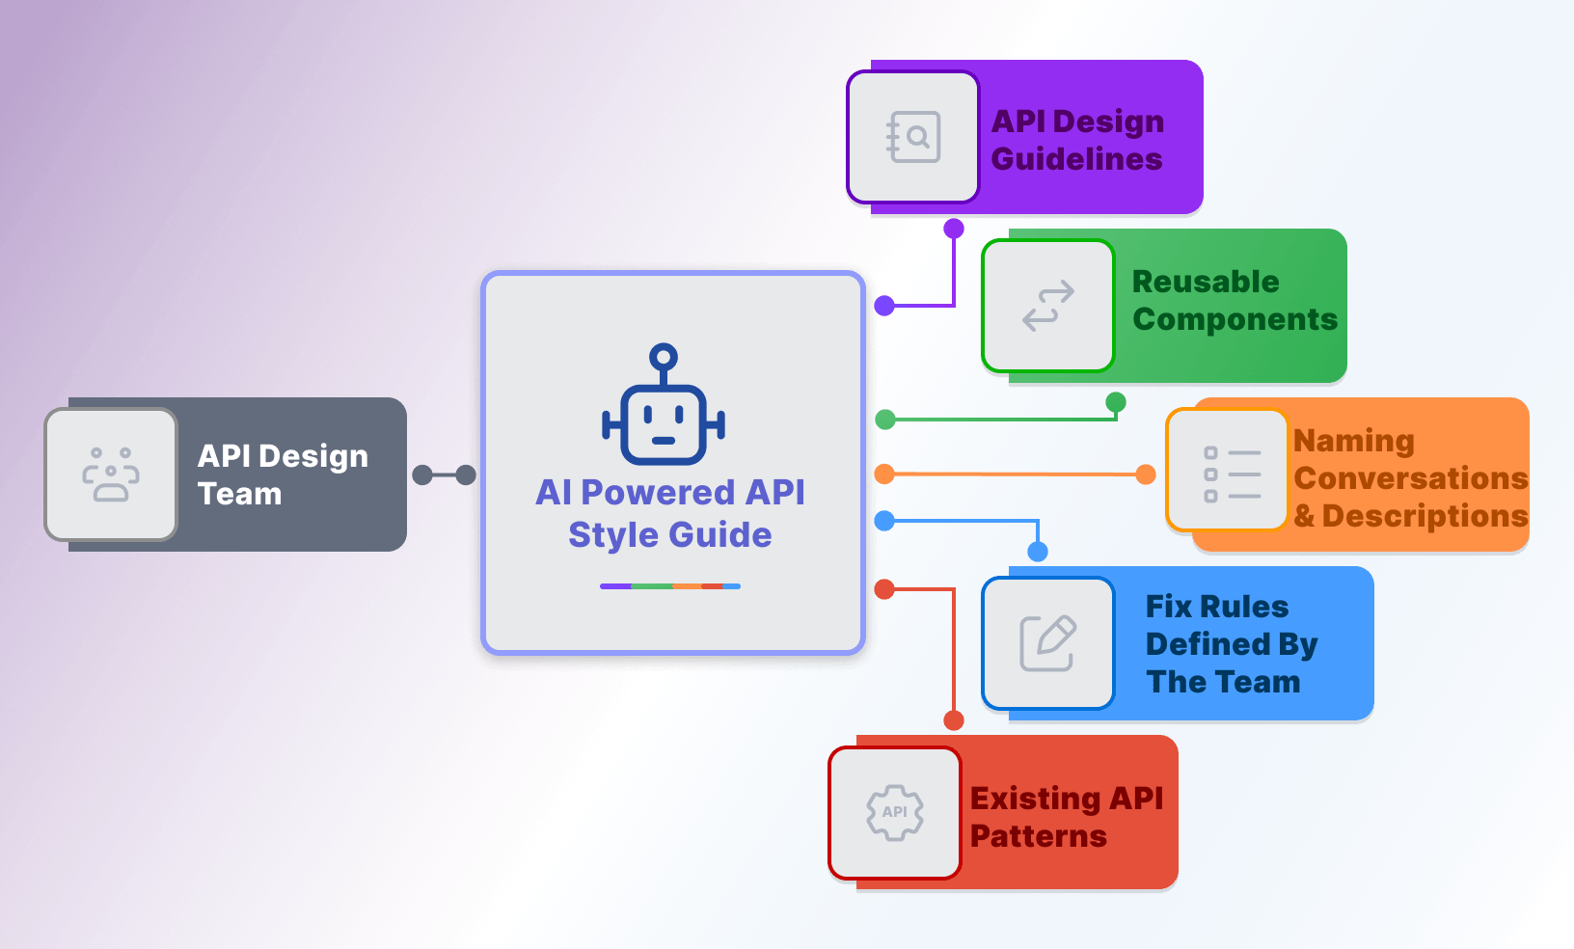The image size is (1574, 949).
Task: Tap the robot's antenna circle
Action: (x=664, y=358)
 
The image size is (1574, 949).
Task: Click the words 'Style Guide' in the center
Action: (x=669, y=534)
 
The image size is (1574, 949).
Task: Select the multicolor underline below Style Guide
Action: (x=669, y=586)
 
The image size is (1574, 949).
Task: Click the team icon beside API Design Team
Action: (x=111, y=474)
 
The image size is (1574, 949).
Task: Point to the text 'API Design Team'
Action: (x=282, y=474)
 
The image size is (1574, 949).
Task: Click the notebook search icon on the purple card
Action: (x=912, y=137)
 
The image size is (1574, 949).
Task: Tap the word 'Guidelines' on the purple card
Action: (x=1076, y=159)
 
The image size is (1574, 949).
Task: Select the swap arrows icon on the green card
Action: (x=1048, y=306)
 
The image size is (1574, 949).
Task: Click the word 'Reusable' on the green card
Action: (x=1206, y=282)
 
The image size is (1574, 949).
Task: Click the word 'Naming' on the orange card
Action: (x=1353, y=441)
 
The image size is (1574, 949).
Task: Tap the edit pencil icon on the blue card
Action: (x=1048, y=642)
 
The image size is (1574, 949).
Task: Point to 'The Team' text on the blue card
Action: (x=1223, y=682)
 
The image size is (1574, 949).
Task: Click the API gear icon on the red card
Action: (x=895, y=812)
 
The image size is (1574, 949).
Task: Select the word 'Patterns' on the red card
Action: (x=1038, y=836)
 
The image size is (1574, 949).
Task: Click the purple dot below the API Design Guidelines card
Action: (x=954, y=229)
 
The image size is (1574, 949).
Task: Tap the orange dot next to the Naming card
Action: (x=1146, y=474)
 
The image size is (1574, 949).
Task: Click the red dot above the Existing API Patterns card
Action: (x=954, y=720)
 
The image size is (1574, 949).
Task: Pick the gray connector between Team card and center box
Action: (x=444, y=474)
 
